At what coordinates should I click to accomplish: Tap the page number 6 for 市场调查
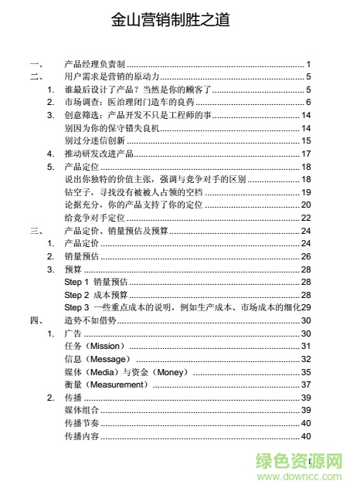pos(307,103)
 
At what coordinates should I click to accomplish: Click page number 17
pos(306,154)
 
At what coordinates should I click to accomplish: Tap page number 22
pos(306,218)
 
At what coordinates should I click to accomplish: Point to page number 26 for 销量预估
pos(306,256)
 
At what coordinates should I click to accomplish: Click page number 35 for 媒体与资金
pos(306,372)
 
